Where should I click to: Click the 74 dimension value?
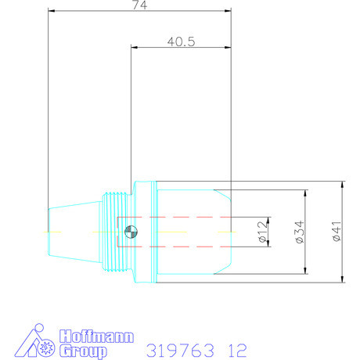[x=141, y=5]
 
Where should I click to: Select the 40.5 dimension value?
[x=181, y=41]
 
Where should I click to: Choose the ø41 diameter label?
[x=337, y=232]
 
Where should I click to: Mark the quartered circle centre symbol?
[x=131, y=232]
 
